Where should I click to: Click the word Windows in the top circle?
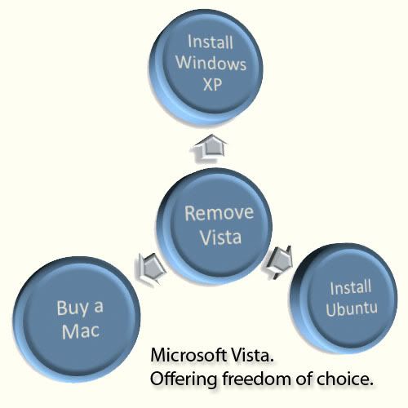tap(211, 63)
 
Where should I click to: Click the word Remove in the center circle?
tap(219, 212)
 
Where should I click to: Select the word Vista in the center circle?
tap(220, 237)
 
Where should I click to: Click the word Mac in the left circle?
tap(81, 330)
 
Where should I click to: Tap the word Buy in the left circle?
tap(73, 308)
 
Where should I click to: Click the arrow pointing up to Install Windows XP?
tap(209, 149)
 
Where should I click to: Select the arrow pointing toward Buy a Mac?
tap(151, 269)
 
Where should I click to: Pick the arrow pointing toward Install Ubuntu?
tap(278, 262)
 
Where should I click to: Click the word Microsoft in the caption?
tap(188, 355)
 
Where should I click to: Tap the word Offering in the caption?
tap(184, 379)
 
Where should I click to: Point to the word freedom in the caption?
tap(256, 379)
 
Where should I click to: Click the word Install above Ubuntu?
tap(350, 288)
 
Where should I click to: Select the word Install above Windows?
tap(211, 42)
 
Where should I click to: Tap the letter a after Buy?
tap(99, 307)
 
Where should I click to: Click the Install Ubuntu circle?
tap(344, 298)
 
